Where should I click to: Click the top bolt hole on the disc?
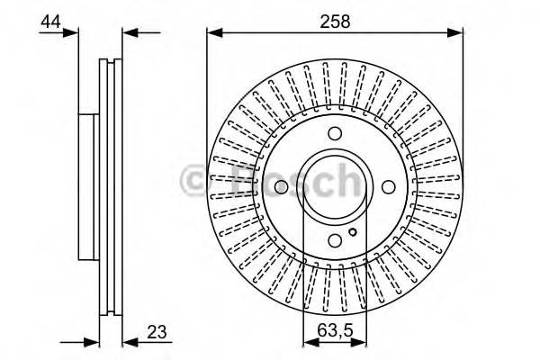[335, 134]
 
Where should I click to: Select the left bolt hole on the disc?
[281, 186]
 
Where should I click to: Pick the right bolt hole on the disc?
[389, 186]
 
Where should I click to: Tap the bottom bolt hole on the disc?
[335, 239]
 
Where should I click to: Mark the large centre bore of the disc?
[335, 186]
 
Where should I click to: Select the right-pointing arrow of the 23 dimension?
[90, 342]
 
